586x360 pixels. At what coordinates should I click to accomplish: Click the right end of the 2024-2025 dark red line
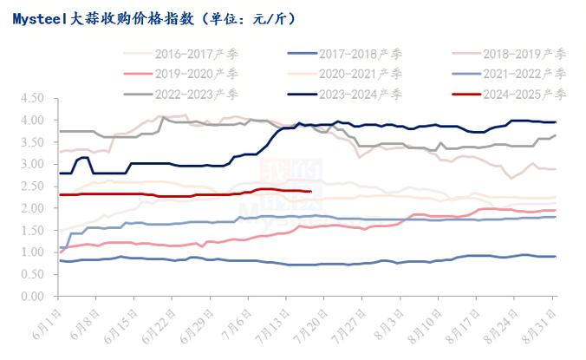[310, 192]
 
